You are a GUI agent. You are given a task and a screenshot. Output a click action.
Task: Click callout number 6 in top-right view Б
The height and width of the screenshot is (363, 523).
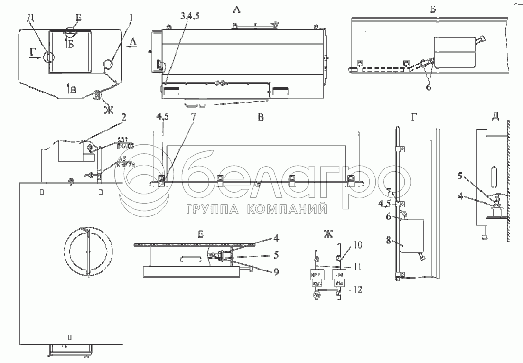(x=429, y=87)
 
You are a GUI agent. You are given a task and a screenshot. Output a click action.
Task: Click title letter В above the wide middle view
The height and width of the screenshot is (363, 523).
(x=261, y=118)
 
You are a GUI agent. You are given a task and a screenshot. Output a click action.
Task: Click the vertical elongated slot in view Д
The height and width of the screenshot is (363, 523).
(x=493, y=176)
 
